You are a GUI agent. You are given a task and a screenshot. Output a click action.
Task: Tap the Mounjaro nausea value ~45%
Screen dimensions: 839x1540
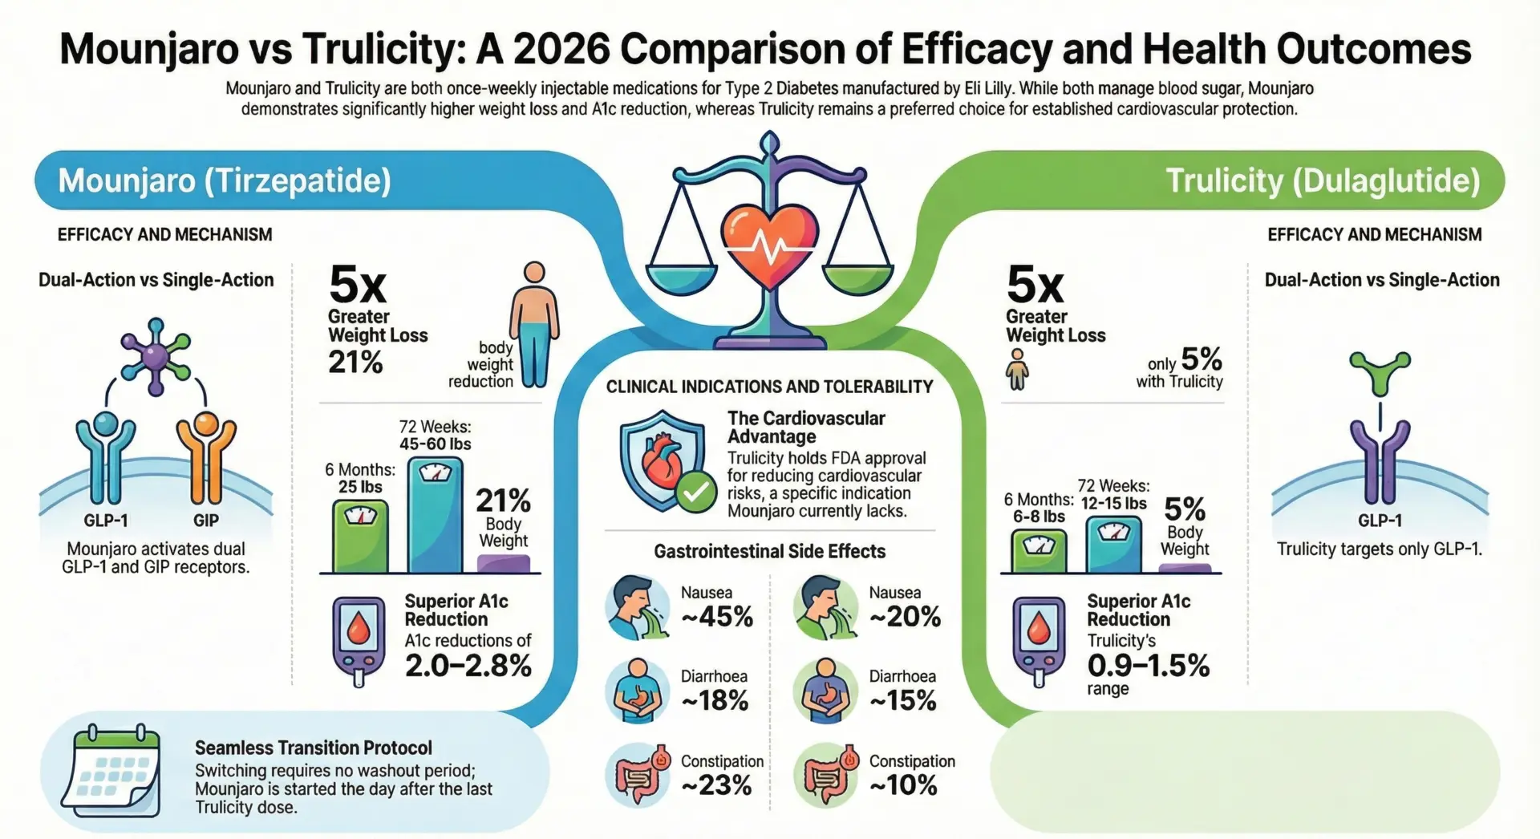[x=717, y=617]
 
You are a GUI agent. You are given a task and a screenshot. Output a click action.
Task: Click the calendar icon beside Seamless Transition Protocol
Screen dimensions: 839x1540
[x=111, y=771]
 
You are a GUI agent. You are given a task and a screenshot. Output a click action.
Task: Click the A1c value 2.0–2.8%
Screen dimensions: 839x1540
[x=468, y=666]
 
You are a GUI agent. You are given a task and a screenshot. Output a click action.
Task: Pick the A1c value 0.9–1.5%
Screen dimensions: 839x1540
[x=1148, y=666]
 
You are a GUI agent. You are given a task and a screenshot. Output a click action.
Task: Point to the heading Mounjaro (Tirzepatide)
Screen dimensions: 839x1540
[x=225, y=180]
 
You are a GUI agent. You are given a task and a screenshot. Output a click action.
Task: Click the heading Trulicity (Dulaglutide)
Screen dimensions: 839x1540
[x=1322, y=180]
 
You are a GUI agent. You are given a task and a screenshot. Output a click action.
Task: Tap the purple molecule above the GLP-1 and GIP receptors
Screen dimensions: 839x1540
[x=156, y=355]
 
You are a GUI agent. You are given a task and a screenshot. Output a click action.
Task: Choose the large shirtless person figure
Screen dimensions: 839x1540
[x=533, y=325]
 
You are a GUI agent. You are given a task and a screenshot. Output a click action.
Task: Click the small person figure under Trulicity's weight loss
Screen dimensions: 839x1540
[x=1017, y=369]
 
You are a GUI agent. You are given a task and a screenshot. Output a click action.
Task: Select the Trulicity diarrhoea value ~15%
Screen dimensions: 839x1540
[x=903, y=701]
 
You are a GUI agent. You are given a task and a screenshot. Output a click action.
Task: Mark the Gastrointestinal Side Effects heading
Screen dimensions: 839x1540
[x=769, y=552]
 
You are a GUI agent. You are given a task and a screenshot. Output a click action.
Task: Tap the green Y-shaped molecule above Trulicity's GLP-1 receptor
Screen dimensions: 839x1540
[x=1380, y=371]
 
